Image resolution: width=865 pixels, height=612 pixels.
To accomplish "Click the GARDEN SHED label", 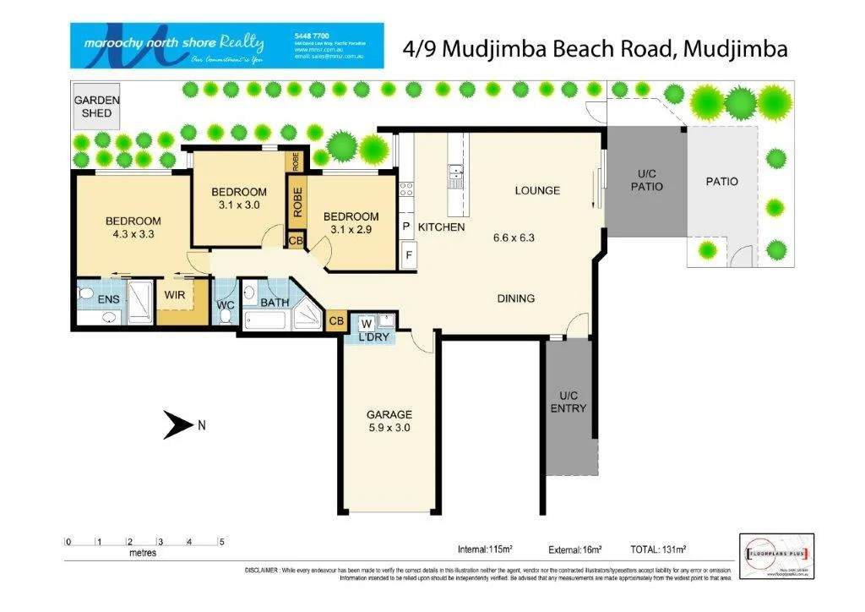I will (96, 106).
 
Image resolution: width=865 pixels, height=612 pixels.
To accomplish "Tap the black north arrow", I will (178, 425).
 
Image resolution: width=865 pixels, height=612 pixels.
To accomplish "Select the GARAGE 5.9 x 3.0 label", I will (389, 421).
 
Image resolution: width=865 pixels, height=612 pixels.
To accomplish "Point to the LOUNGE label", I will (537, 190).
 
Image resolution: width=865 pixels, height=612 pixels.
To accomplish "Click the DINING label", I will (515, 298).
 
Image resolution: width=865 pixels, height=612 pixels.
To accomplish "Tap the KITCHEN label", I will (441, 227).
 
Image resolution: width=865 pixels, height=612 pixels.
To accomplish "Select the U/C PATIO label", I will (646, 180).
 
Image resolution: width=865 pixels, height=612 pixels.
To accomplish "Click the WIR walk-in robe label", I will (175, 296).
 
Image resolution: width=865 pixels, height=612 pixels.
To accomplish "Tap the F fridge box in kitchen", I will (408, 254).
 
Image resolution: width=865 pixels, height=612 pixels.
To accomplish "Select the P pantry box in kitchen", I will (406, 227).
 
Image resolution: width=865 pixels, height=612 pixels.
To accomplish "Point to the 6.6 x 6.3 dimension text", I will (514, 238).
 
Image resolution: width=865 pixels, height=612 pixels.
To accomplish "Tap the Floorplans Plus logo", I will (776, 555).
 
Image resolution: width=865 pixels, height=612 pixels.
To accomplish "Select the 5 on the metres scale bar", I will (220, 542).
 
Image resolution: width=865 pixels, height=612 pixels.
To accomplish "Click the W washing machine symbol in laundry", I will (367, 323).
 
